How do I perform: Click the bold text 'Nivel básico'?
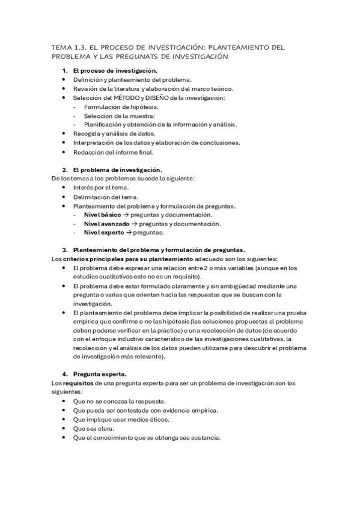tap(102, 215)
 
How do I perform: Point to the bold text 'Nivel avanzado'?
tap(106, 224)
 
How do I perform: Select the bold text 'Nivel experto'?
tap(103, 233)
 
